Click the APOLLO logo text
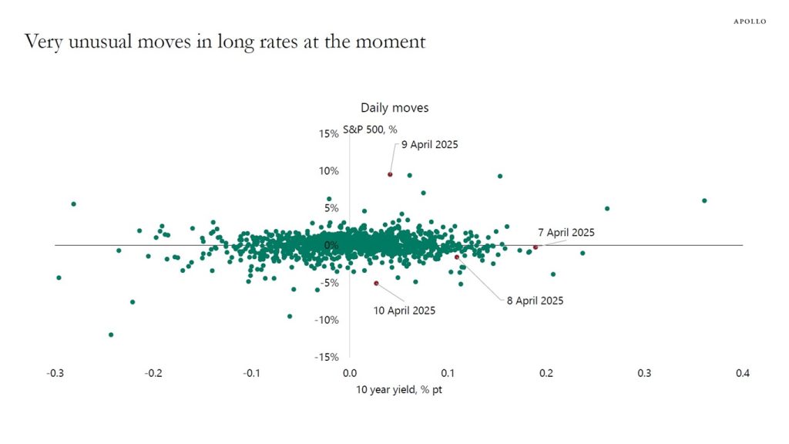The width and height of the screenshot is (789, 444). click(749, 22)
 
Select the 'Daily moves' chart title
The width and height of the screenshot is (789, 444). click(394, 108)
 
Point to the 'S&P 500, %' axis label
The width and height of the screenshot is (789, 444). click(370, 129)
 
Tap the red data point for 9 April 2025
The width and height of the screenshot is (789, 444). click(390, 174)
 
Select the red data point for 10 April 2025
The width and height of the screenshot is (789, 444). click(376, 283)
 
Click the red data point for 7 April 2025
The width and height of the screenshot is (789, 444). click(536, 247)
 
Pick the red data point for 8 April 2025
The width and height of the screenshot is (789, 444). click(456, 257)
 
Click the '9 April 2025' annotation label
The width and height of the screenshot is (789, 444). click(429, 144)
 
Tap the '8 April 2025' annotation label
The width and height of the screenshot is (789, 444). click(535, 301)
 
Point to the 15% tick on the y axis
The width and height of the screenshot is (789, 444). click(328, 134)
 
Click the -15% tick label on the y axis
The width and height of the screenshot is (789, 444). click(327, 357)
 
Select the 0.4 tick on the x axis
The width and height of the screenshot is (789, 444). click(741, 373)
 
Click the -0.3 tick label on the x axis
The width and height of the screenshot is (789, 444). click(55, 373)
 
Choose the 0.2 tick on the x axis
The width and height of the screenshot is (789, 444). click(546, 373)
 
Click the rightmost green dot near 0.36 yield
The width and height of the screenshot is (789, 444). click(704, 200)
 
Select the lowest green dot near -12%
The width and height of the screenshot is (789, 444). click(111, 335)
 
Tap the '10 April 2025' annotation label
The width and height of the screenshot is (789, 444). click(404, 311)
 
